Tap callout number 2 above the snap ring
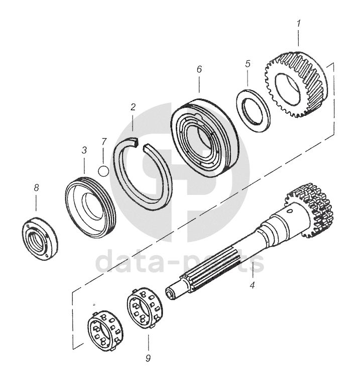[133, 107]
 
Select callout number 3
[84, 150]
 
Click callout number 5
[248, 64]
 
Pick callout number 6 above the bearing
[199, 69]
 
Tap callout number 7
[103, 142]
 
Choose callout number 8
[36, 188]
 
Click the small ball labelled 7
[103, 171]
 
